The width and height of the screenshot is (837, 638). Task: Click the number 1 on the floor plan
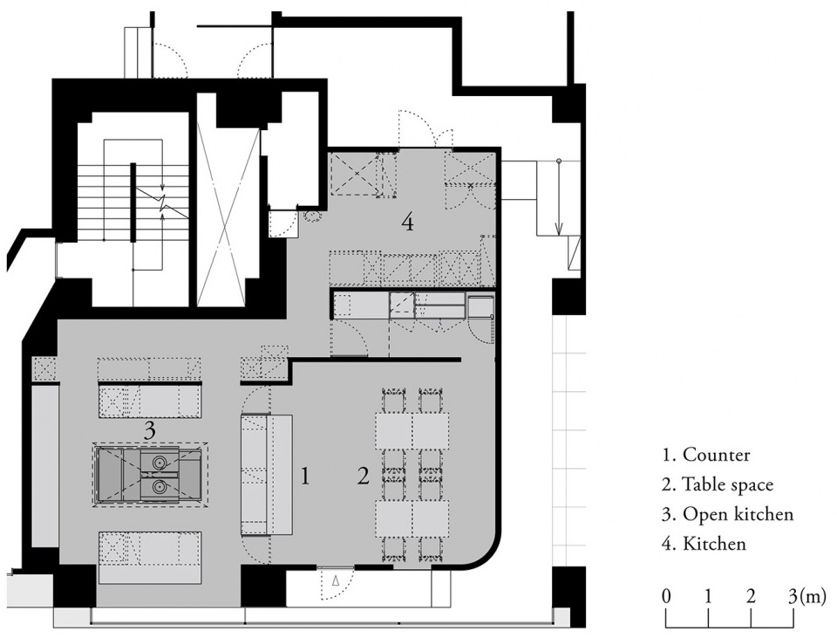[305, 475]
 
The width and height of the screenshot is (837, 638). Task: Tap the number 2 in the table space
[364, 475]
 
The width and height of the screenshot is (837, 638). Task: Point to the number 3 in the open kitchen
[150, 430]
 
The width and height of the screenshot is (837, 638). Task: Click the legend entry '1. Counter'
[705, 455]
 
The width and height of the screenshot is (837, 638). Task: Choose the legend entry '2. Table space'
[718, 484]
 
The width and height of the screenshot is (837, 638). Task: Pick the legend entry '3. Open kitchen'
[727, 514]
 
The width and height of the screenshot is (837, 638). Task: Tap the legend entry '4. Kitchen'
[704, 544]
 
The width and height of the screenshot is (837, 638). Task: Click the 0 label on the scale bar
[665, 596]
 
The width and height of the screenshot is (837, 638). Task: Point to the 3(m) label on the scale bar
[806, 596]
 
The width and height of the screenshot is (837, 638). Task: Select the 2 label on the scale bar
[751, 596]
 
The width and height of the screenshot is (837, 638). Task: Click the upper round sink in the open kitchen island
[159, 461]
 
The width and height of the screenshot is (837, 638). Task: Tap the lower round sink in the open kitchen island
[159, 486]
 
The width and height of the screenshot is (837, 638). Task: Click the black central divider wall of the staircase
[133, 202]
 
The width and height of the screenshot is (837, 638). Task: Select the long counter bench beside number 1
[267, 475]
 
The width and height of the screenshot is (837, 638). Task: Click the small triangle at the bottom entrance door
[336, 580]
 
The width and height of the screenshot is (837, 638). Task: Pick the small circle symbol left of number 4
[312, 216]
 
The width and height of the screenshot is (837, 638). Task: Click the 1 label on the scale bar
[708, 596]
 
